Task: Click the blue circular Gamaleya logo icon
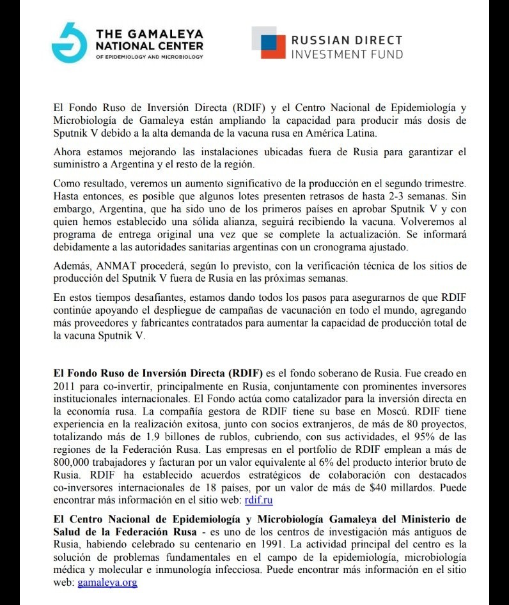pos(69,43)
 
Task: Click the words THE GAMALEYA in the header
pos(148,33)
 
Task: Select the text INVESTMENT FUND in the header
pos(347,54)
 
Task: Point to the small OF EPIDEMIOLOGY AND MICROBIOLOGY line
pos(149,57)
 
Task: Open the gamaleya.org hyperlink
pos(107,582)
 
